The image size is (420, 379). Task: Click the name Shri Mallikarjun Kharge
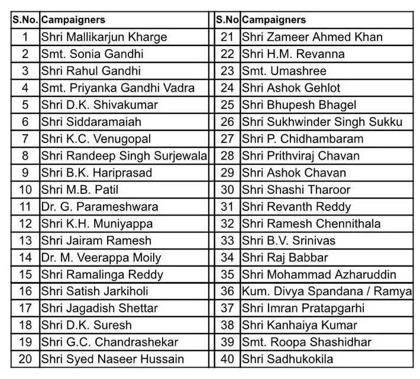pos(104,37)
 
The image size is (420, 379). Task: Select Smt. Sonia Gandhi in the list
pos(92,54)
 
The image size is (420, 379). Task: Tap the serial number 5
pos(25,105)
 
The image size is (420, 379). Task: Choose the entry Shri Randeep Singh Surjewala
pos(124,156)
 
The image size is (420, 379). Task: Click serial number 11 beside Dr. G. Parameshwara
pos(25,207)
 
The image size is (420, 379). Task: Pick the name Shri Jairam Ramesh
pos(96,241)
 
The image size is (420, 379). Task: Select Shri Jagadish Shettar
pos(99,309)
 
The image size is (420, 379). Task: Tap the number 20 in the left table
pos(25,359)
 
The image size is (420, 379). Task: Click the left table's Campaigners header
pos(73,20)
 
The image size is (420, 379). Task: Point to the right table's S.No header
pos(227,20)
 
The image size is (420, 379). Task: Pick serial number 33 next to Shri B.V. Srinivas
pos(227,241)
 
